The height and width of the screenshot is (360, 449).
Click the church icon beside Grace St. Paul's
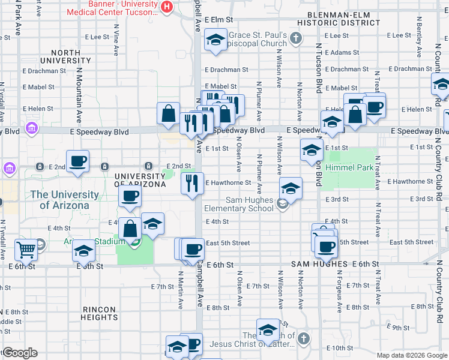pos(295,39)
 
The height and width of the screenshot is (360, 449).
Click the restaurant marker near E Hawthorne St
pos(192,182)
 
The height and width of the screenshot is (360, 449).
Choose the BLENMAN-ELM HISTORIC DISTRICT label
pos(343,19)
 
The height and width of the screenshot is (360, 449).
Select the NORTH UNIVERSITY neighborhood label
pos(65,56)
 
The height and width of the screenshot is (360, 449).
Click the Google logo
pos(20,353)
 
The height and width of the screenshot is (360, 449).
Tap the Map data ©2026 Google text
pos(411,355)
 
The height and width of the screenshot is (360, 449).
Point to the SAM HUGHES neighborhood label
pos(319,264)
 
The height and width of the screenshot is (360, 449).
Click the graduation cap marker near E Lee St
pos(215,40)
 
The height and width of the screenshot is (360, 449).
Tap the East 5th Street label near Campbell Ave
pos(228,243)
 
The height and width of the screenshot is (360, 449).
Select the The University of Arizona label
pos(64,200)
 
